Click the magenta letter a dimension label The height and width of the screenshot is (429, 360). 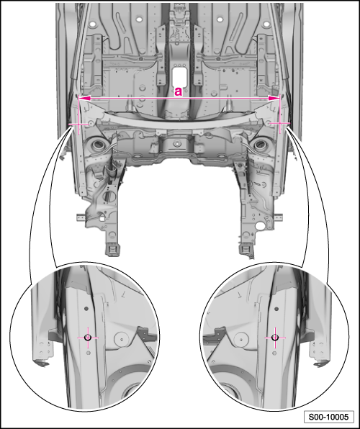click(179, 91)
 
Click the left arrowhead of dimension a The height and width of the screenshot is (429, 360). click(84, 98)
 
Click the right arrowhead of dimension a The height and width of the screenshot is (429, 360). click(274, 99)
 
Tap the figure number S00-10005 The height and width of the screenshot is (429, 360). click(328, 417)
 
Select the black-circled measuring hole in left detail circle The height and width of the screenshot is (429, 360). click(88, 338)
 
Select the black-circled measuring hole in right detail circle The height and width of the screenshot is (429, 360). click(275, 338)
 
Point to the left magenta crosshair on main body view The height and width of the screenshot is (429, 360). click(79, 125)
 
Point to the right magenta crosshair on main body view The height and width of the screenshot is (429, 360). click(280, 124)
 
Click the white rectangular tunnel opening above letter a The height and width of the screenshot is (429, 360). click(179, 76)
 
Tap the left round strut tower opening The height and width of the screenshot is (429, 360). click(98, 145)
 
